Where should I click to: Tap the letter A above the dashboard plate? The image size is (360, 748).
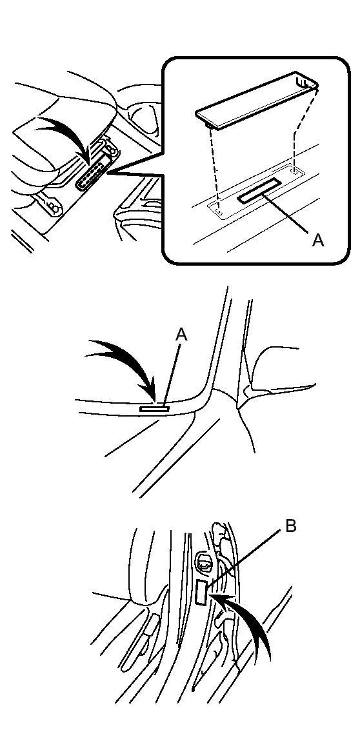[181, 334]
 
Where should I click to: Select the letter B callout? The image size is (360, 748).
[290, 526]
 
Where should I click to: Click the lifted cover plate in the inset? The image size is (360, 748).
[258, 102]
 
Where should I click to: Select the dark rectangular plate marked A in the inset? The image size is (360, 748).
[258, 195]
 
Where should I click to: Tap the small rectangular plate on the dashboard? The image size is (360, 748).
[155, 408]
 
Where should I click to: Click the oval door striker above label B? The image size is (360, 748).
[205, 563]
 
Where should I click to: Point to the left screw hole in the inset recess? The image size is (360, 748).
[220, 210]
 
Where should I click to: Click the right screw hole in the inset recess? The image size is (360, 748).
[294, 172]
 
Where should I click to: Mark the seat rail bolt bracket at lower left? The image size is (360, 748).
[52, 206]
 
